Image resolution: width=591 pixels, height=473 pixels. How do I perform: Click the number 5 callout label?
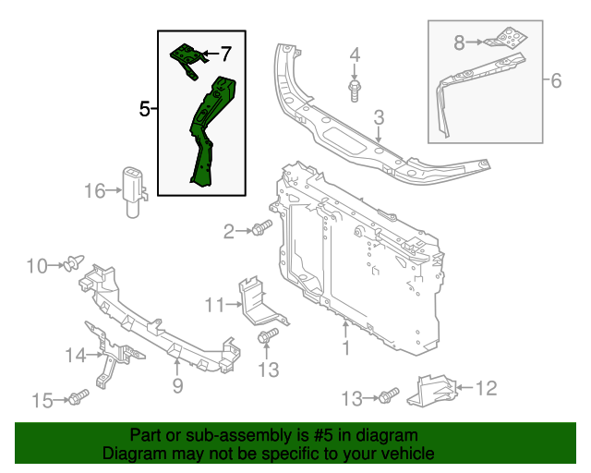coord(144,109)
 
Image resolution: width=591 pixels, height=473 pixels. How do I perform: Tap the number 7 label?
coord(225,54)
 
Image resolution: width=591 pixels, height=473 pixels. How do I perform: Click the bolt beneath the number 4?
coord(355,90)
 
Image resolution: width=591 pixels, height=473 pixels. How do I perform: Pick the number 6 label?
coord(555,81)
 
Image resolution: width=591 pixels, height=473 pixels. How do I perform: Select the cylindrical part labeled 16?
coord(134,188)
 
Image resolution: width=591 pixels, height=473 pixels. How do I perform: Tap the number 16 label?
coord(96,191)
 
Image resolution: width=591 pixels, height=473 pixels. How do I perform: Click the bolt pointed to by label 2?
coord(261,228)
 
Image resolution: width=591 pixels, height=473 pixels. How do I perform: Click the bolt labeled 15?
coord(77,398)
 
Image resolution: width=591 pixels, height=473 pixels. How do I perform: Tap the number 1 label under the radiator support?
coord(346,348)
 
